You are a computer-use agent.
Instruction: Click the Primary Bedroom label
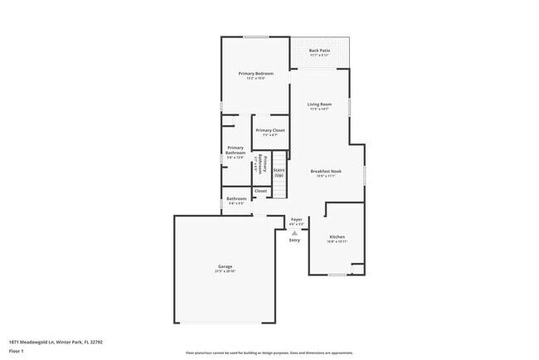tap(255, 74)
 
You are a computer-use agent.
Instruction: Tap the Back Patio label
tap(319, 51)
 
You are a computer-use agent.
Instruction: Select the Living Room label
tap(319, 104)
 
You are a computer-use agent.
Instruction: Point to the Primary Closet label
tap(269, 130)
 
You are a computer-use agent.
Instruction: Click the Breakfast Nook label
tap(326, 171)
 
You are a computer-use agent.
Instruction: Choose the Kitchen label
tap(337, 236)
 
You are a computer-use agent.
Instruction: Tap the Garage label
tap(226, 266)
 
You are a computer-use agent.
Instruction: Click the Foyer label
tap(296, 220)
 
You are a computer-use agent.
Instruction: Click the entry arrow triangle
tap(294, 233)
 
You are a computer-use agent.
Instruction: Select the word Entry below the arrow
tap(294, 241)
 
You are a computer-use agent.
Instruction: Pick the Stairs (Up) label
tap(279, 173)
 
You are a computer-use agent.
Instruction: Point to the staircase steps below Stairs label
tap(279, 190)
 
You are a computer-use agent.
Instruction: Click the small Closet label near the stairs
tap(260, 191)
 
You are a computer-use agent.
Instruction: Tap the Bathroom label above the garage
tap(236, 198)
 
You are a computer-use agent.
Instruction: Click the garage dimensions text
tap(226, 271)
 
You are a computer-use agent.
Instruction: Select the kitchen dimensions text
tap(337, 241)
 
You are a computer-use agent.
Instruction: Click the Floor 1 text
tap(16, 351)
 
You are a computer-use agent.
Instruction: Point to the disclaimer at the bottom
tap(269, 353)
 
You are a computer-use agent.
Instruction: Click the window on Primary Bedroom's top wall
tap(255, 36)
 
